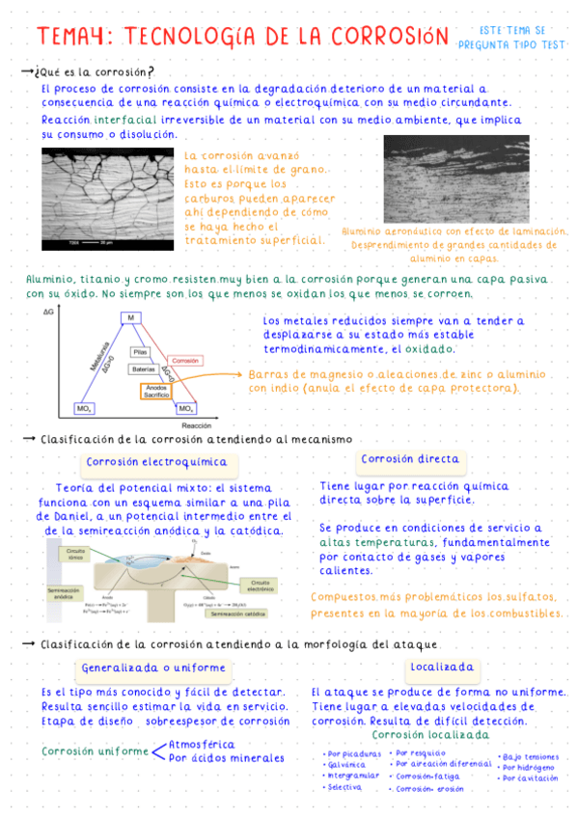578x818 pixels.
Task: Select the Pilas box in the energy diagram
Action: pos(141,352)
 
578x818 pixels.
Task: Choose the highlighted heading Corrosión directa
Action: pos(410,459)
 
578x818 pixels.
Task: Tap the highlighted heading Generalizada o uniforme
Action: pos(153,668)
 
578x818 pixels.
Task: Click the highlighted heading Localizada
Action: pos(442,667)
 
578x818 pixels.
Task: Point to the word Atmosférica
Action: pos(201,744)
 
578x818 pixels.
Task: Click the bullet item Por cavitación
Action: pos(530,777)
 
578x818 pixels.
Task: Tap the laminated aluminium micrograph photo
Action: pos(455,179)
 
